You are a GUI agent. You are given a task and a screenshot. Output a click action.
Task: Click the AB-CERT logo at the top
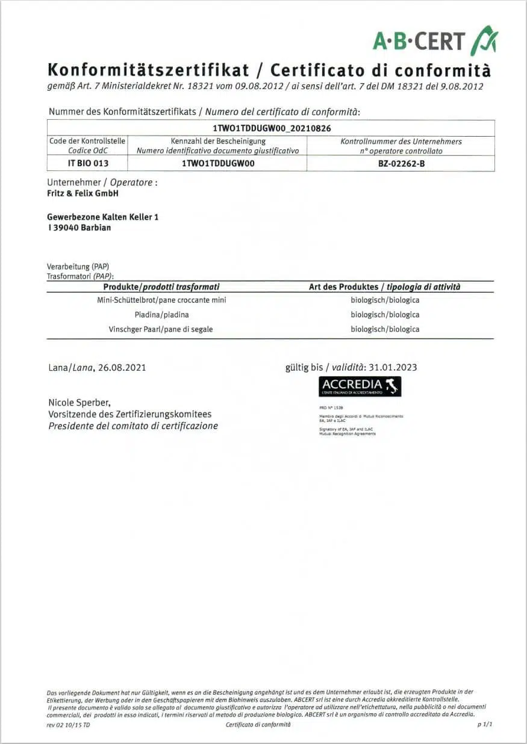coord(435,41)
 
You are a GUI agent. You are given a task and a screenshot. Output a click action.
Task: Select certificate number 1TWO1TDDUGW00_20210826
coord(272,128)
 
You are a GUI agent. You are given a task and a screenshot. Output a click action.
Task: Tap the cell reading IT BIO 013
coord(88,163)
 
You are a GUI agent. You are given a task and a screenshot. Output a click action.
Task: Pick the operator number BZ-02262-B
coord(401,163)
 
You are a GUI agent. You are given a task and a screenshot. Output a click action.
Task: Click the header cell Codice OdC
coord(88,150)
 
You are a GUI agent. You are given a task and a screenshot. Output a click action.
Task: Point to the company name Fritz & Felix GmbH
coord(83,193)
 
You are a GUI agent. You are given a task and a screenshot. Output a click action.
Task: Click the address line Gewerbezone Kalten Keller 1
coord(103,217)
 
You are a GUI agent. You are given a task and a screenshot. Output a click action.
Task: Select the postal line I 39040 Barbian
coord(79,228)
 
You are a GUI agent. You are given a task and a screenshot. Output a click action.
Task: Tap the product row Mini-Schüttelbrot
coord(161,300)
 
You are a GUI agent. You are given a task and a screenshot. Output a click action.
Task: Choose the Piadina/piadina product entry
coord(161,314)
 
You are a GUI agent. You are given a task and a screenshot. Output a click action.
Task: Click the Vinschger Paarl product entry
coord(161,329)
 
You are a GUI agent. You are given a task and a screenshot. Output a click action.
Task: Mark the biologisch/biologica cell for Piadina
coord(385,314)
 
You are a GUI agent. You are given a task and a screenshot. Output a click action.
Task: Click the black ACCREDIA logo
coord(360,386)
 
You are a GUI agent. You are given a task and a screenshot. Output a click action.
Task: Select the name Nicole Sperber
coord(79,402)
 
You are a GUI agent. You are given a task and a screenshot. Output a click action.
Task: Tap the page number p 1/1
coord(485,725)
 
